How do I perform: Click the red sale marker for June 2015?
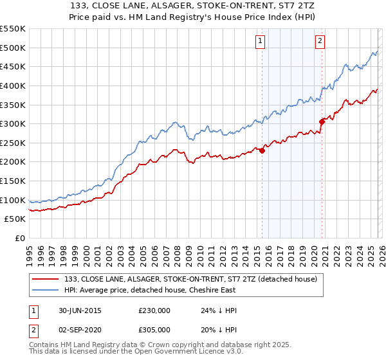click(x=262, y=150)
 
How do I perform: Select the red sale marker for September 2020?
click(x=322, y=121)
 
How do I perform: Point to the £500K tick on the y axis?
click(x=13, y=48)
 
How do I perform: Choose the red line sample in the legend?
click(x=45, y=280)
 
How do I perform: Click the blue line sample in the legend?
click(x=45, y=291)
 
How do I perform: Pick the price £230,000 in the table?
click(x=154, y=310)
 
